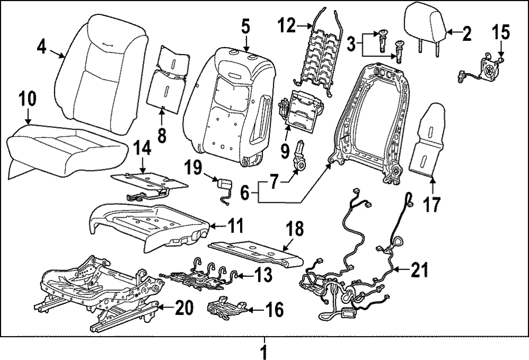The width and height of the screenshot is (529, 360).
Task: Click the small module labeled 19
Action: (224, 186)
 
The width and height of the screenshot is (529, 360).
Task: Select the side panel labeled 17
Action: (430, 143)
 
